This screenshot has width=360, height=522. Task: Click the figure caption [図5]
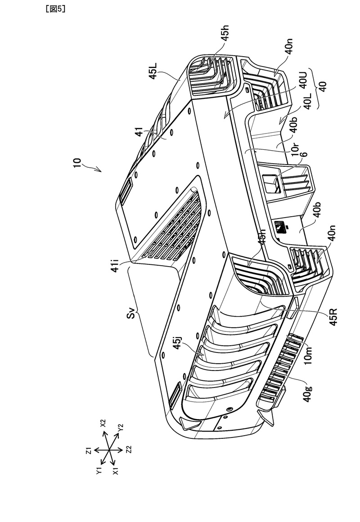pyautogui.click(x=55, y=9)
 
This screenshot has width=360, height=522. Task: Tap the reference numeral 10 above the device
pyautogui.click(x=78, y=164)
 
